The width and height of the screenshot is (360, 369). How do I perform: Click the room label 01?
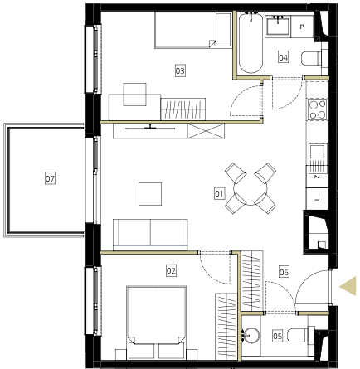pyautogui.click(x=219, y=193)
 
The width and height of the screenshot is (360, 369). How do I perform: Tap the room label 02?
pyautogui.click(x=171, y=270)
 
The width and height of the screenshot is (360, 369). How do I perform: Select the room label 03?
pyautogui.click(x=180, y=70)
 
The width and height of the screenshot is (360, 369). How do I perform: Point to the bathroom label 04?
pyautogui.click(x=283, y=57)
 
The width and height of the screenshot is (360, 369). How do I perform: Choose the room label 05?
pyautogui.click(x=277, y=336)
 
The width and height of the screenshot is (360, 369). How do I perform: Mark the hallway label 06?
pyautogui.click(x=284, y=272)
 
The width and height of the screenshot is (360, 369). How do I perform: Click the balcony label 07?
pyautogui.click(x=50, y=178)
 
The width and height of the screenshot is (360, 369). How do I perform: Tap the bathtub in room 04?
pyautogui.click(x=251, y=43)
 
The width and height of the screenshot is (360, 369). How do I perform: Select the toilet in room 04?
pyautogui.click(x=312, y=59)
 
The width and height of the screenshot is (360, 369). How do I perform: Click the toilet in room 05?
pyautogui.click(x=300, y=335)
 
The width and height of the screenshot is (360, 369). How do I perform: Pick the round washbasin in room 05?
pyautogui.click(x=251, y=335)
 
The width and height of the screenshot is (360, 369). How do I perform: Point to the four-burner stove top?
pyautogui.click(x=318, y=109)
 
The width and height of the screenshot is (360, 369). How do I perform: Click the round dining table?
pyautogui.click(x=251, y=188)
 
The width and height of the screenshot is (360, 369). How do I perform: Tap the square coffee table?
pyautogui.click(x=150, y=194)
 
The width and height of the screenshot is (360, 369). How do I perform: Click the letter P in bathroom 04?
pyautogui.click(x=302, y=27)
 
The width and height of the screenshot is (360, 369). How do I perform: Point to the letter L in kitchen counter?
pyautogui.click(x=318, y=199)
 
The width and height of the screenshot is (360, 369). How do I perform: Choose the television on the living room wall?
pyautogui.click(x=150, y=128)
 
